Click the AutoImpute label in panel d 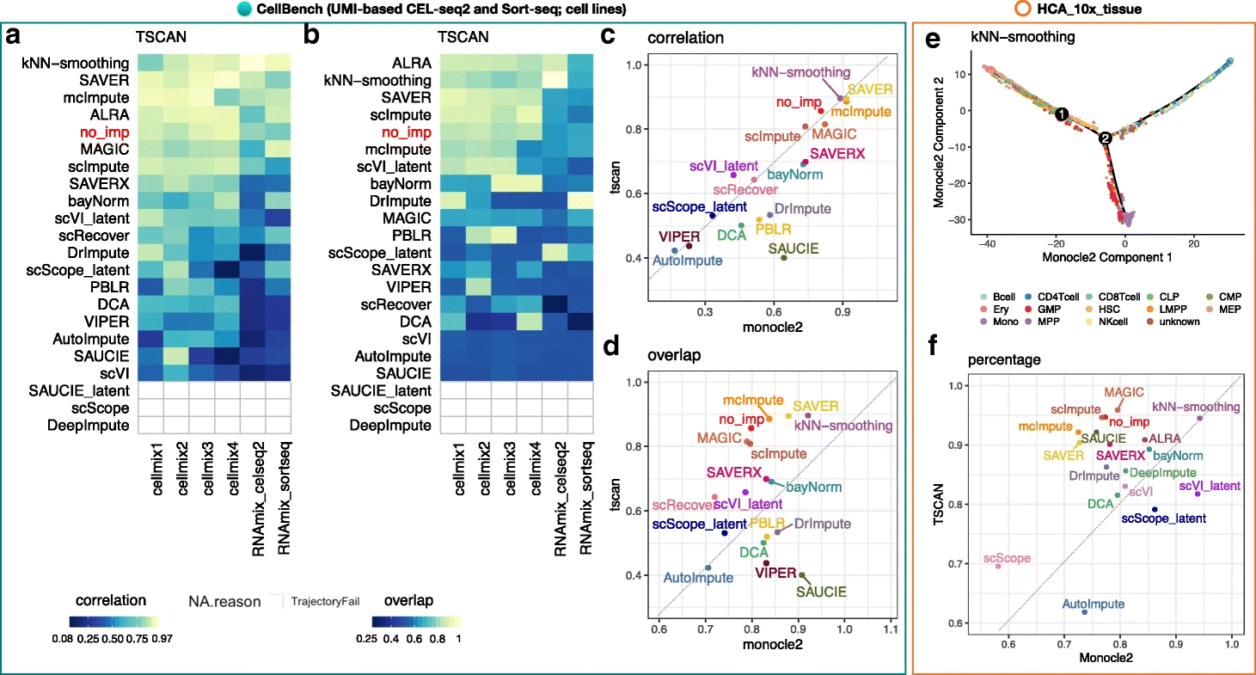click(x=697, y=578)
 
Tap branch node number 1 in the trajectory click(x=1062, y=114)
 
